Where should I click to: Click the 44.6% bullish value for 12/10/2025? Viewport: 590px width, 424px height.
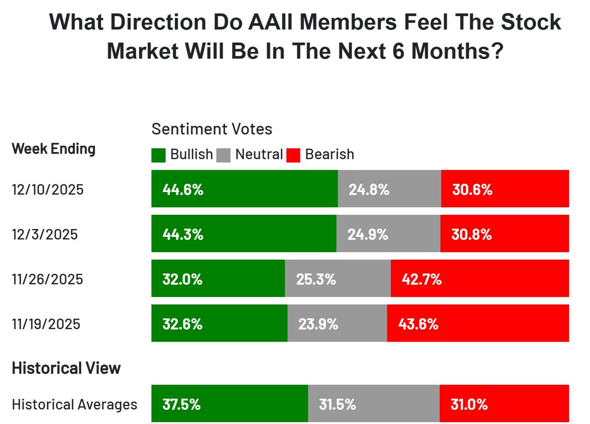tap(183, 190)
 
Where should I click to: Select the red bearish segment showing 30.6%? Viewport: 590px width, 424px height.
tap(505, 189)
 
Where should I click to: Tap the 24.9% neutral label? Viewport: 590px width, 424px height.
tap(368, 234)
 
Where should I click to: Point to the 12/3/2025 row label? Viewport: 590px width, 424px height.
tap(45, 234)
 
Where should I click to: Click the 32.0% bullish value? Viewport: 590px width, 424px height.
tap(182, 279)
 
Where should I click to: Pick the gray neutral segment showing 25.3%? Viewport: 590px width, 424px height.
tap(338, 279)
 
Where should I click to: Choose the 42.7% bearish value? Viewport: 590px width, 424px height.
tap(421, 279)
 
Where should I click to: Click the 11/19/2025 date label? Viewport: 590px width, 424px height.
tap(46, 325)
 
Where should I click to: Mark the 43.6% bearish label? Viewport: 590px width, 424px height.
tap(418, 324)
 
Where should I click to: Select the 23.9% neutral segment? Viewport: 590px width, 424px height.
tap(337, 324)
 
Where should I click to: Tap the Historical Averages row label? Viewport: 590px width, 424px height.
tap(75, 405)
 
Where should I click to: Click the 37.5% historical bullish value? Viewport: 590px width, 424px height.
tap(181, 405)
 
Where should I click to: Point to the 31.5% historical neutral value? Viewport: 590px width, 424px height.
tap(337, 405)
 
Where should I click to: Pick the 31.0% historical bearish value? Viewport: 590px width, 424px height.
tap(469, 405)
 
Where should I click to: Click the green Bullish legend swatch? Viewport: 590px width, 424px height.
tap(158, 155)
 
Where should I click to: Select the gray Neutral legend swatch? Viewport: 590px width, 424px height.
tap(224, 155)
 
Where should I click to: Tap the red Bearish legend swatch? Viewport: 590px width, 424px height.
tap(293, 155)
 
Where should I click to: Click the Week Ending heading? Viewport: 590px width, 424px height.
tap(54, 149)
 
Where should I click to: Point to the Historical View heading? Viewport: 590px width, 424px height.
tap(66, 368)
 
